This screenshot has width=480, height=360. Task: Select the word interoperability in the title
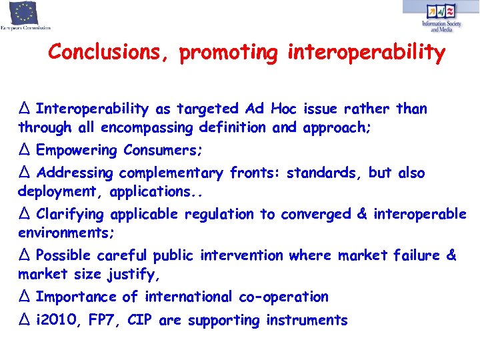pyautogui.click(x=366, y=52)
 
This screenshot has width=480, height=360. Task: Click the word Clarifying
pyautogui.click(x=71, y=215)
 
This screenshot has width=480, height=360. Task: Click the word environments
pyautogui.click(x=66, y=233)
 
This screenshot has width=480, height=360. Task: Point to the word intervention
pyautogui.click(x=241, y=256)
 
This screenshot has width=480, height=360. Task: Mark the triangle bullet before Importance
pyautogui.click(x=25, y=297)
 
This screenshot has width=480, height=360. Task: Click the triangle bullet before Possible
pyautogui.click(x=25, y=255)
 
